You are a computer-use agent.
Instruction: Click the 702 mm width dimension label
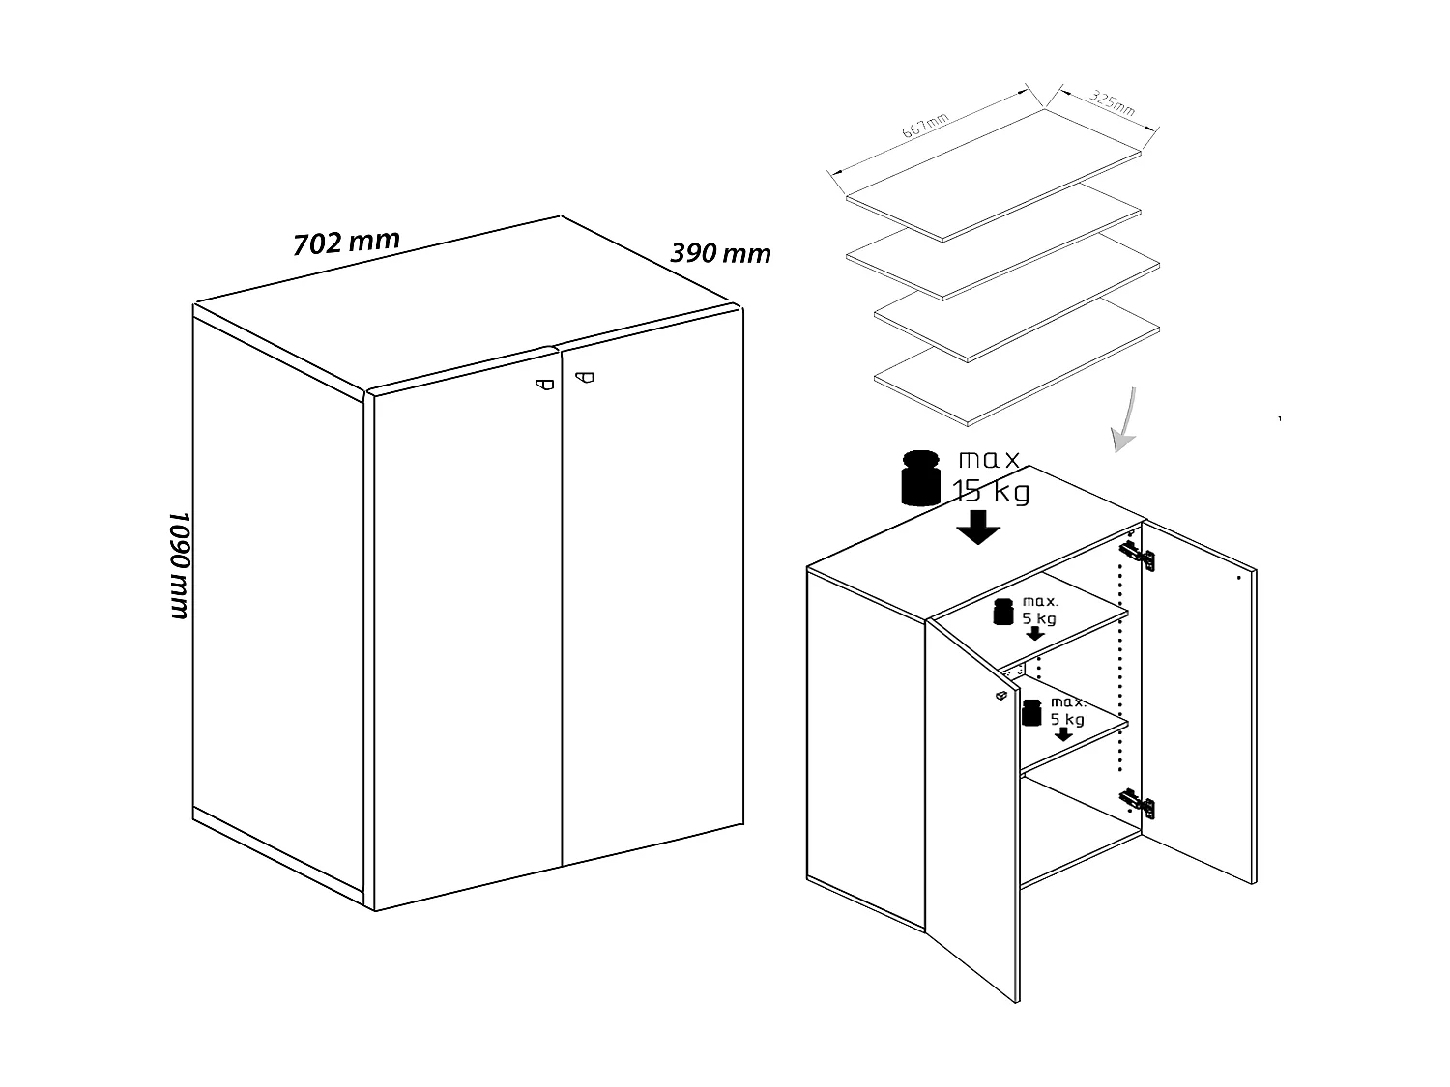346,243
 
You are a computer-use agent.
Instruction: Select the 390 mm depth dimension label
720,253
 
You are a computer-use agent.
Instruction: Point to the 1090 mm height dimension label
180,565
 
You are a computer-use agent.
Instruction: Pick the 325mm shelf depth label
1113,102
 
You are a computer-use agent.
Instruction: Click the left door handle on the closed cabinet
546,384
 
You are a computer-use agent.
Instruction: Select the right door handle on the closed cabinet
585,378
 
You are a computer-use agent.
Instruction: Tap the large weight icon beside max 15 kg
920,478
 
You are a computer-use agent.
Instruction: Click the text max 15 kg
990,475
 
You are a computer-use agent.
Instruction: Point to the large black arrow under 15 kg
978,528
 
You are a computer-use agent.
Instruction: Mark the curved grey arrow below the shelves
1124,421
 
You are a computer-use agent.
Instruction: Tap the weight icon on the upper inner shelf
1003,611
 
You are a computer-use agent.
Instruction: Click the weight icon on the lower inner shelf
1032,712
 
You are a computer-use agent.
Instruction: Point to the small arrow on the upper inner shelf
1035,634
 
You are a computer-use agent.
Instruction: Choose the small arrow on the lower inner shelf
1063,734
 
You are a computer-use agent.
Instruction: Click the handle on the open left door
1000,695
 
